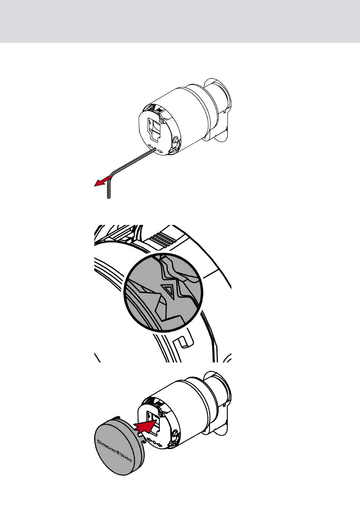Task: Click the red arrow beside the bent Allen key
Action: [103, 181]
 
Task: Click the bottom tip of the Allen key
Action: [109, 198]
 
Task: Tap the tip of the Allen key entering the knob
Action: [155, 148]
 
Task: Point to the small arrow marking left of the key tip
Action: [150, 146]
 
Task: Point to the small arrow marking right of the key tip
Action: [160, 150]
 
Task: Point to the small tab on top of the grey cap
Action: [117, 418]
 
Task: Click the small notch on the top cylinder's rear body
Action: [231, 112]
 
